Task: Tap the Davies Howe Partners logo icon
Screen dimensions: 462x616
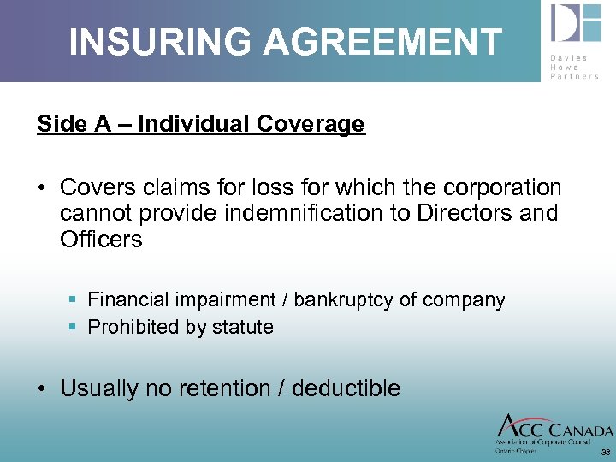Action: click(x=575, y=24)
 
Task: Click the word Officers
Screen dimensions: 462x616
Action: click(x=101, y=240)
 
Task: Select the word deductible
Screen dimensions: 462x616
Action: click(x=346, y=388)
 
